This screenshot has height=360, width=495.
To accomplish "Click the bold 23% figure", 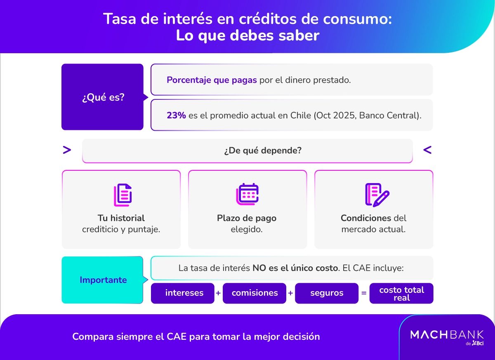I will [176, 115].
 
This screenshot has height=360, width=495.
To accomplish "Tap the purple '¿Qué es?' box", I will [103, 97].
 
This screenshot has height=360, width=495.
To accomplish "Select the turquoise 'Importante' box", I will [103, 280].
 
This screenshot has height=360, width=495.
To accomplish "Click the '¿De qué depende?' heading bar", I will [247, 151].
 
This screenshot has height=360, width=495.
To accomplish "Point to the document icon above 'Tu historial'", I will [123, 195].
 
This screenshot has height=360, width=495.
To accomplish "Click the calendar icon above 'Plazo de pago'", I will [247, 194].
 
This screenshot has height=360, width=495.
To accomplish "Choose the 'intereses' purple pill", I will [184, 293].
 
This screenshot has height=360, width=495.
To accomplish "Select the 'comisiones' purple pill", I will [255, 293].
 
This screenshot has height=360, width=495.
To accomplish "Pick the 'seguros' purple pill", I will [327, 293].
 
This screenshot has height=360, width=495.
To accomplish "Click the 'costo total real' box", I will [401, 293].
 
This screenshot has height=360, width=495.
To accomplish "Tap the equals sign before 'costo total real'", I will [364, 294].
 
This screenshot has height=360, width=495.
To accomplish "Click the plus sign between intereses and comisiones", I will [218, 293].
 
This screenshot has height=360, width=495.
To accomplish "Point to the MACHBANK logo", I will [447, 335].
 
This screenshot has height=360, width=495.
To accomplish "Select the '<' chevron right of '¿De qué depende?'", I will [427, 150].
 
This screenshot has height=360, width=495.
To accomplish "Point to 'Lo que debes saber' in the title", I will [247, 35].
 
